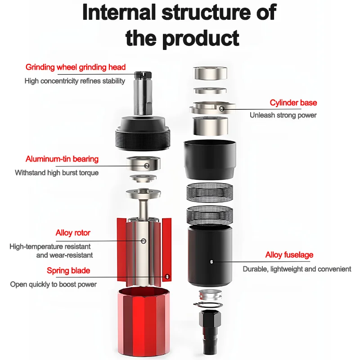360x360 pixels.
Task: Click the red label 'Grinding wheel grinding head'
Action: pyautogui.click(x=76, y=67)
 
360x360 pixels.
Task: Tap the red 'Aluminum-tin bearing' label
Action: pyautogui.click(x=62, y=159)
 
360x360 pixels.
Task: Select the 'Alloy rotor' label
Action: pyautogui.click(x=73, y=233)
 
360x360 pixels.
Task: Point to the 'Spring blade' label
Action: pyautogui.click(x=68, y=270)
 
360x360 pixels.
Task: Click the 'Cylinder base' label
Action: pyautogui.click(x=293, y=103)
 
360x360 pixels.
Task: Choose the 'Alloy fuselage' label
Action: pyautogui.click(x=289, y=255)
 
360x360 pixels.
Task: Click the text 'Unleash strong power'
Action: pyautogui.click(x=283, y=115)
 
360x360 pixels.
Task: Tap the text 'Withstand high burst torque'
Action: pyautogui.click(x=57, y=173)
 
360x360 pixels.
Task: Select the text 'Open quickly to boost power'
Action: pyautogui.click(x=53, y=284)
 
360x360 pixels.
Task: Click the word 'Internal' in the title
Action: pyautogui.click(x=119, y=12)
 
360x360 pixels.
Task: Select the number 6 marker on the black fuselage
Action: pyautogui.click(x=211, y=262)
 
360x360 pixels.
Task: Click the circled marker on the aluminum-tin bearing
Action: pyautogui.click(x=147, y=166)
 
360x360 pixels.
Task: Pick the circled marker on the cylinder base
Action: pyautogui.click(x=221, y=108)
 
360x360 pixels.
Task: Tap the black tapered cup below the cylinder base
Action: pyautogui.click(x=210, y=160)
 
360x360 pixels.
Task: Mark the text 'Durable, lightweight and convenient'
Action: pyautogui.click(x=297, y=269)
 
